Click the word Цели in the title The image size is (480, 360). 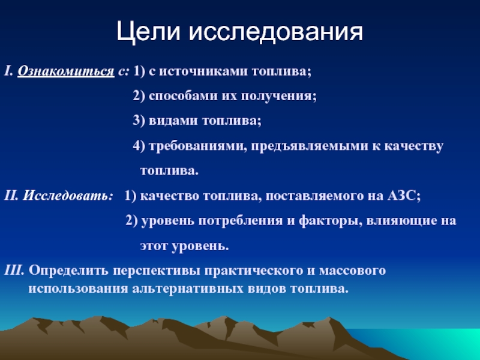148,32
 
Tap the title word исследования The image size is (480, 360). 275,32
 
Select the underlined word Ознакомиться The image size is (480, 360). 66,71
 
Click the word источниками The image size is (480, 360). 203,71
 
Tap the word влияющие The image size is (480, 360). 401,221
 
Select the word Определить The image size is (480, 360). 68,271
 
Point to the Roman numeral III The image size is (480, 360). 14,271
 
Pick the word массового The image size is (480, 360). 352,271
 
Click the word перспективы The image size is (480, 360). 157,271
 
